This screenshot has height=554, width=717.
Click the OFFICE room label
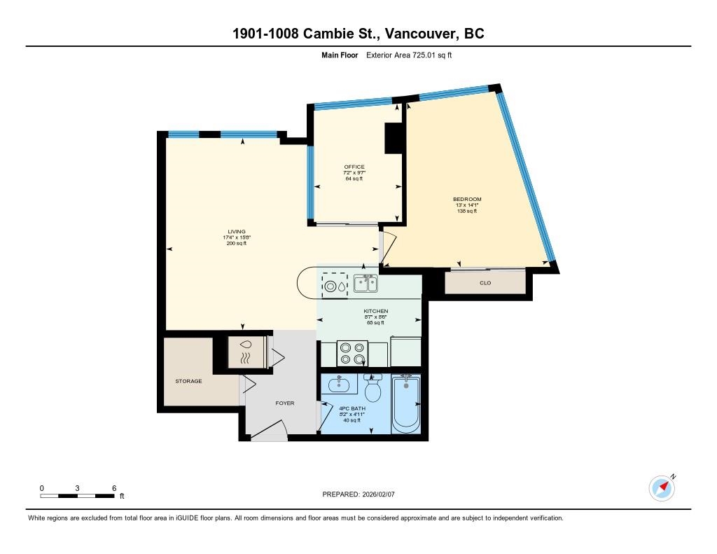click(354, 167)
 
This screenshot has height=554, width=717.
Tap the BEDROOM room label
click(466, 200)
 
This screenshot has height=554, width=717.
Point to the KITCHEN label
click(375, 311)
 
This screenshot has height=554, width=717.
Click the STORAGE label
click(188, 381)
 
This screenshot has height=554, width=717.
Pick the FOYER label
click(284, 403)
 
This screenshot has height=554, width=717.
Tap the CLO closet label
click(485, 283)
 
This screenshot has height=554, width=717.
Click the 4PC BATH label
click(352, 408)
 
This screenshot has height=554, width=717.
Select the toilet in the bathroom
click(373, 387)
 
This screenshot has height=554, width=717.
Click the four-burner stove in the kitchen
click(352, 354)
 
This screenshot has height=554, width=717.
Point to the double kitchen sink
click(366, 284)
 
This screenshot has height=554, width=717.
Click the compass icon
click(661, 487)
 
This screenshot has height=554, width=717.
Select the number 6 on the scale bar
click(113, 488)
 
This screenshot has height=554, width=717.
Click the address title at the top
click(358, 34)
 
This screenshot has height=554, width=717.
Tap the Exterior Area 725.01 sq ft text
click(410, 55)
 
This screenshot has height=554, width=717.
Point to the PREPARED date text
click(363, 494)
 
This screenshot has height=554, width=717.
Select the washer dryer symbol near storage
click(246, 352)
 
